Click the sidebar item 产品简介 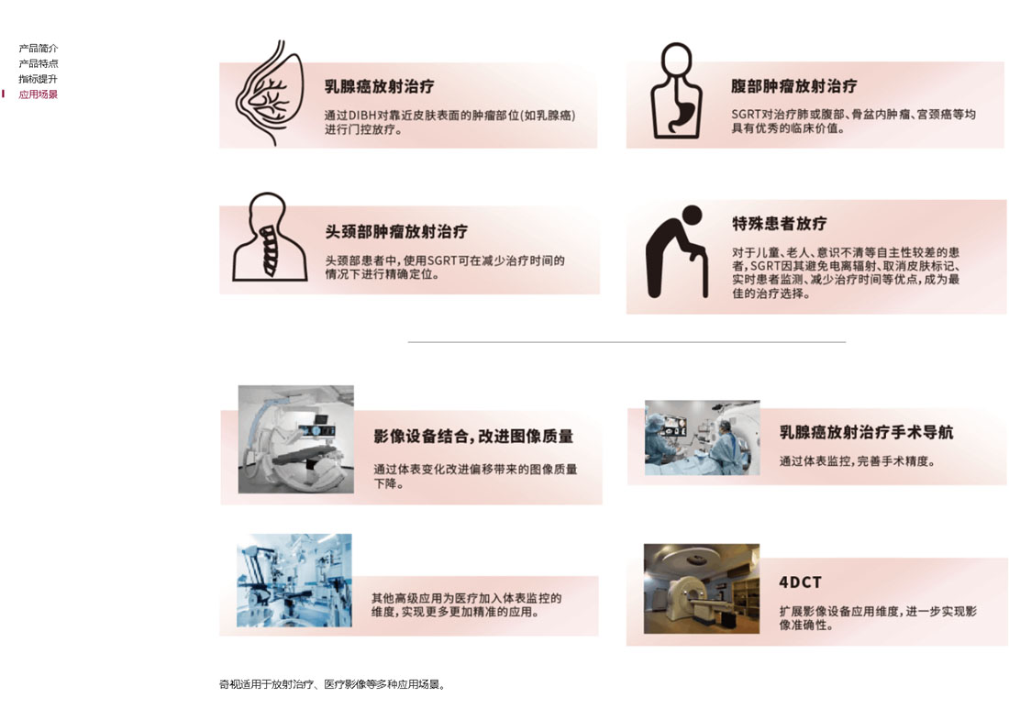pyautogui.click(x=38, y=49)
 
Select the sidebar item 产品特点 pyautogui.click(x=38, y=63)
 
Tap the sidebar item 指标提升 pyautogui.click(x=38, y=79)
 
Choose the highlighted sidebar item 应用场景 pyautogui.click(x=38, y=94)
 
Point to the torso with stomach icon pyautogui.click(x=676, y=91)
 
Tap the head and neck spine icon pyautogui.click(x=269, y=237)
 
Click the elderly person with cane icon pyautogui.click(x=677, y=252)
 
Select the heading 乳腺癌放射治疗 pyautogui.click(x=379, y=87)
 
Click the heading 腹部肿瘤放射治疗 pyautogui.click(x=793, y=86)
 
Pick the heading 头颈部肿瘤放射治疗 pyautogui.click(x=396, y=232)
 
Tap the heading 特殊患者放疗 pyautogui.click(x=780, y=223)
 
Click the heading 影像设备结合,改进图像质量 pyautogui.click(x=473, y=437)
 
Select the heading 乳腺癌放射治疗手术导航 pyautogui.click(x=866, y=432)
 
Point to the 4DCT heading pyautogui.click(x=800, y=582)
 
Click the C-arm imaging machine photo pyautogui.click(x=296, y=439)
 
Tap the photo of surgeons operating pyautogui.click(x=702, y=438)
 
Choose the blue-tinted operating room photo pyautogui.click(x=294, y=581)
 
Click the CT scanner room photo pyautogui.click(x=702, y=589)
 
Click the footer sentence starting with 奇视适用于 pyautogui.click(x=332, y=684)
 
